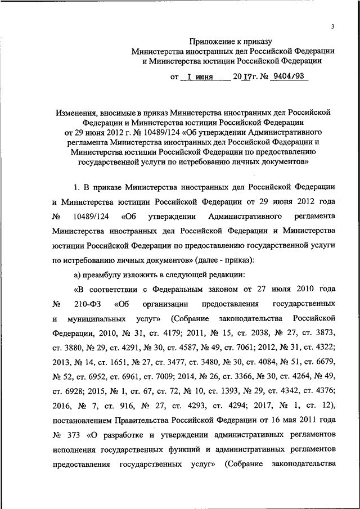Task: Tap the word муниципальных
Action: (103, 318)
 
